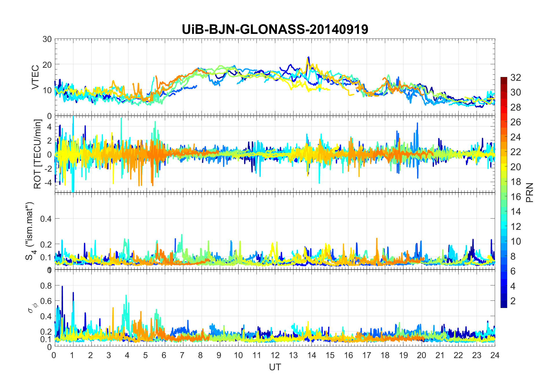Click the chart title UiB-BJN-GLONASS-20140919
click(x=275, y=30)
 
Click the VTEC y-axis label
click(x=35, y=77)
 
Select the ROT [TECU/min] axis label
click(x=38, y=154)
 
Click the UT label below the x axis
click(x=275, y=367)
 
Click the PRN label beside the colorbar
click(x=530, y=192)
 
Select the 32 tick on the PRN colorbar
click(x=516, y=77)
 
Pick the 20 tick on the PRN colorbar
click(x=516, y=167)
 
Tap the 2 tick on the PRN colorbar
click(x=513, y=301)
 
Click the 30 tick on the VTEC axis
click(x=47, y=39)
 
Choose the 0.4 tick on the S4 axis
click(x=46, y=219)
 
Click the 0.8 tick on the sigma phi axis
click(x=46, y=285)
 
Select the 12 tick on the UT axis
click(x=275, y=355)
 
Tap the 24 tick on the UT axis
click(x=495, y=355)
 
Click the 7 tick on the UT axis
click(x=182, y=355)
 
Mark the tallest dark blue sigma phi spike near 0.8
click(x=62, y=287)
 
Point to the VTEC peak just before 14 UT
click(x=309, y=57)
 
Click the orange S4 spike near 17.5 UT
click(x=377, y=239)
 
